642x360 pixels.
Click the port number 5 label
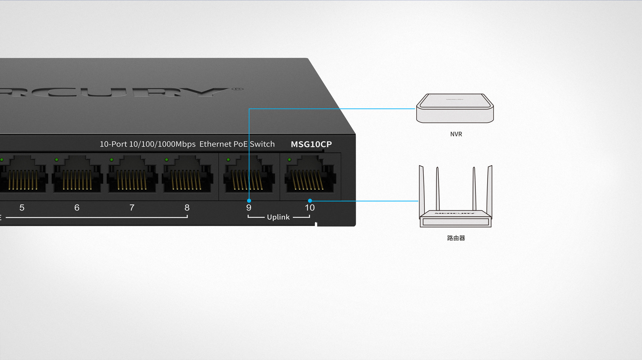point(22,208)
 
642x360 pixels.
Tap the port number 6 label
point(77,208)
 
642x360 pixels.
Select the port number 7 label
point(132,208)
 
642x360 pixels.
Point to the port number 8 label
point(187,208)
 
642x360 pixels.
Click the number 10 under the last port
point(310,208)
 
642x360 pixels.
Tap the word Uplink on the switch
point(278,217)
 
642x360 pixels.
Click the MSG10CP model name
point(311,144)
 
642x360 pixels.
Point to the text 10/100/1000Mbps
point(162,144)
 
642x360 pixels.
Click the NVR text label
point(456,134)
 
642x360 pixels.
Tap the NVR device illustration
point(455,108)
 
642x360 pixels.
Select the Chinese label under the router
point(456,238)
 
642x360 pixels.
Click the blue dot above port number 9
point(249,201)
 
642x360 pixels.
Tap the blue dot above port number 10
point(310,201)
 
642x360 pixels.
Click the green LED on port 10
point(290,160)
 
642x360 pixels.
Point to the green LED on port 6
point(57,160)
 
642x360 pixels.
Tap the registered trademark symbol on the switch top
point(238,89)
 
